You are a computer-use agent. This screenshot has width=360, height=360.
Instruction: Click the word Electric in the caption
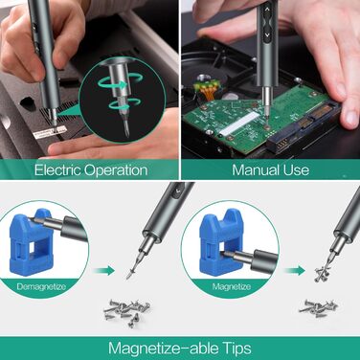point(57,169)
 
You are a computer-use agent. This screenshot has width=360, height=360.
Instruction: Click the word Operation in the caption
point(116,170)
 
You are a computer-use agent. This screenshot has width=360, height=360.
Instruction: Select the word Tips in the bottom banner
point(237,349)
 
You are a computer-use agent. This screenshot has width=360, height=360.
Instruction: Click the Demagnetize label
point(41,286)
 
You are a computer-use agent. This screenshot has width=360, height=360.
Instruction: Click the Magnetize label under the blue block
point(232,286)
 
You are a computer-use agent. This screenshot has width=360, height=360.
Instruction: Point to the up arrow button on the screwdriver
point(267,10)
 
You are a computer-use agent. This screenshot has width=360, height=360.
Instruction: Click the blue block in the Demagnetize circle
point(31,241)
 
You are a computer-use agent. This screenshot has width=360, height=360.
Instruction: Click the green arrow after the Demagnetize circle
point(104,271)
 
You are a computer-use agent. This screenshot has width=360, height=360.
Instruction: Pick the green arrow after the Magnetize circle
point(295,271)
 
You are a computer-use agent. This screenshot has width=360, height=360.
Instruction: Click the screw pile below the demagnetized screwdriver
point(127,312)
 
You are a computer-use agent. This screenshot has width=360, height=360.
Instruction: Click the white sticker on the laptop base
point(50,132)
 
